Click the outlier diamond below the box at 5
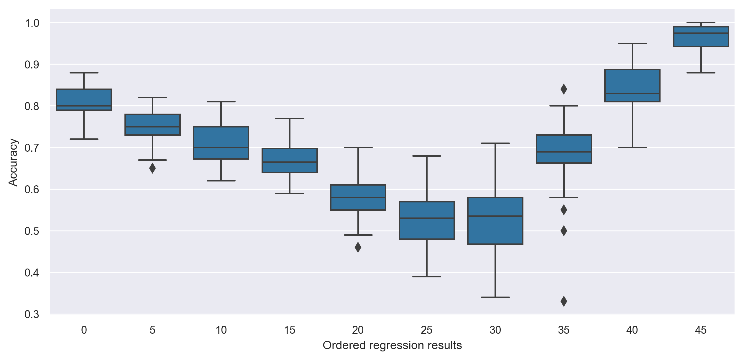click(152, 168)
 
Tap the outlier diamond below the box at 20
click(358, 247)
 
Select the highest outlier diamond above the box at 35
click(564, 89)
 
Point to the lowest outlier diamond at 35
click(564, 301)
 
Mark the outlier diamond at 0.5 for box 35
click(564, 231)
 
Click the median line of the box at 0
click(84, 106)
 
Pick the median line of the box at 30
click(495, 216)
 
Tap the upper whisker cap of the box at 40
click(633, 43)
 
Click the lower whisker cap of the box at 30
click(495, 297)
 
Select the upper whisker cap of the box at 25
click(427, 156)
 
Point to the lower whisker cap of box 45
click(701, 73)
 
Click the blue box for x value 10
click(221, 143)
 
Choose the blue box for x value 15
click(290, 160)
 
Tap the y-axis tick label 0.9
click(32, 65)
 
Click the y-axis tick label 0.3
click(32, 314)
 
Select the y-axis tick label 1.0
click(32, 23)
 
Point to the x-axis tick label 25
click(427, 330)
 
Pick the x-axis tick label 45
click(701, 330)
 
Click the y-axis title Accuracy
click(13, 162)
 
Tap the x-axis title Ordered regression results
click(392, 345)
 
